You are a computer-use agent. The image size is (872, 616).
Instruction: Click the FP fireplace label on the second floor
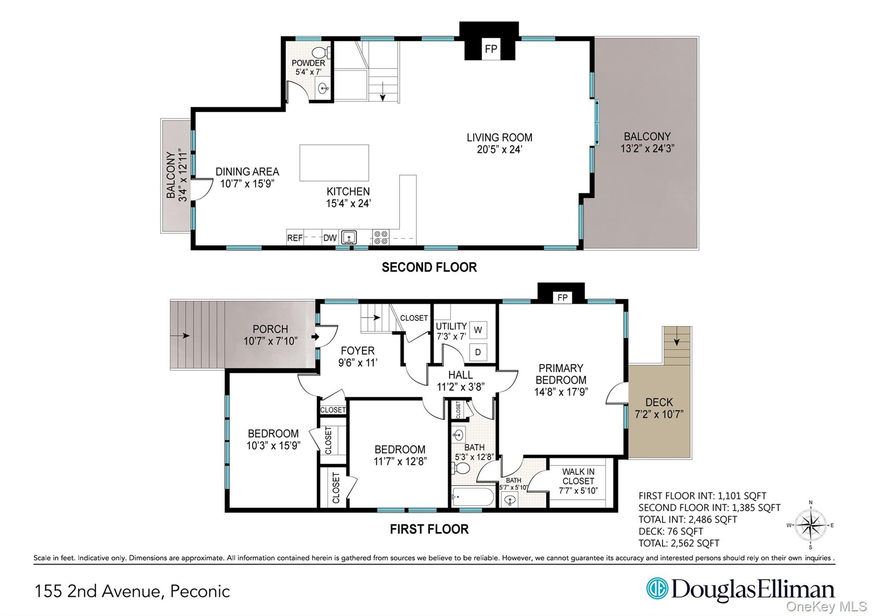[x=490, y=49]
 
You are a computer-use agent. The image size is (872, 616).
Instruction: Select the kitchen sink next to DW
[x=349, y=237]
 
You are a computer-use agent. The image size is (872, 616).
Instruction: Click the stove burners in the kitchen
[x=381, y=237]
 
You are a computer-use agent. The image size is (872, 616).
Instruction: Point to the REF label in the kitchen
[x=295, y=238]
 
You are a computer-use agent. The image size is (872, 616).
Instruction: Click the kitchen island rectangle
[x=334, y=163]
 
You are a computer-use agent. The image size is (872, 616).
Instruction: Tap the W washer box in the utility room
[x=478, y=330]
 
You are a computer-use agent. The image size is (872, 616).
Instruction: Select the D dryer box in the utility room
[x=478, y=352]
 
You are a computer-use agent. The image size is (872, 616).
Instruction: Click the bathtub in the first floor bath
[x=473, y=497]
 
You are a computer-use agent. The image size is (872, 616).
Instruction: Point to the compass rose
[x=811, y=525]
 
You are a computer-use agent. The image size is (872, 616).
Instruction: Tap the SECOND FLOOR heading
[x=429, y=267]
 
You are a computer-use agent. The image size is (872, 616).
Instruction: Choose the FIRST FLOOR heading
[x=429, y=529]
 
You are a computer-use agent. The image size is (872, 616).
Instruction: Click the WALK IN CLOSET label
[x=578, y=476]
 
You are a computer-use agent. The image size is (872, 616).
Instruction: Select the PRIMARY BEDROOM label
[x=561, y=374]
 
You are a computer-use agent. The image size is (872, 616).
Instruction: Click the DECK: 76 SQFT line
[x=670, y=531]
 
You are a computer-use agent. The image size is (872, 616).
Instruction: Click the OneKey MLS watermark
[x=827, y=607]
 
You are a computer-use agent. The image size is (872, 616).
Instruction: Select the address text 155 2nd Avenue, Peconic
[x=133, y=591]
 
